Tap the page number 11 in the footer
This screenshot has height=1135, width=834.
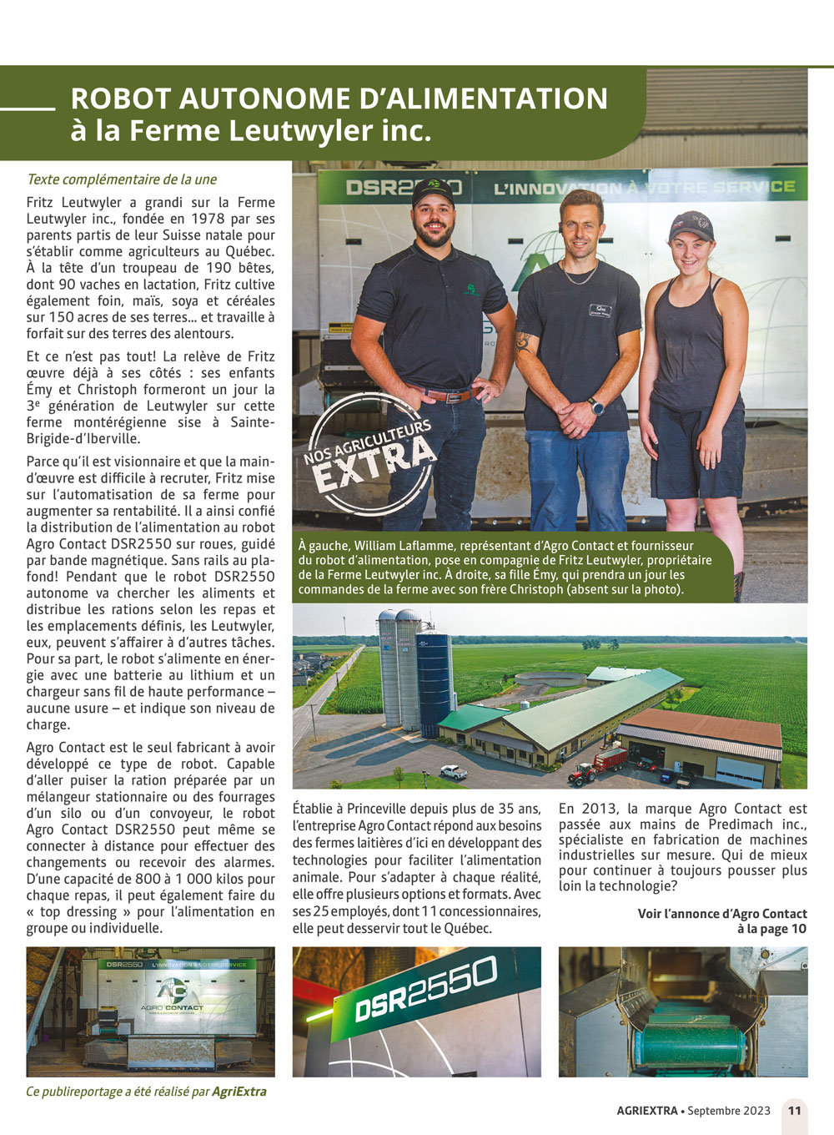794,1111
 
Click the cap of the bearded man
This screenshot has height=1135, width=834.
433,191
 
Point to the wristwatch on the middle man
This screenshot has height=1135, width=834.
595,407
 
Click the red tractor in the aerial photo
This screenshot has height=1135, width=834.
583,772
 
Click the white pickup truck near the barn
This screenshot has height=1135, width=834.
454,772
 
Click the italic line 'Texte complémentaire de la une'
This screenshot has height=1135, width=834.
122,179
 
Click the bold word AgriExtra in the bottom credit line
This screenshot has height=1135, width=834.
239,1092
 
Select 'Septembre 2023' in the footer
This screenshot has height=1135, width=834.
729,1111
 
